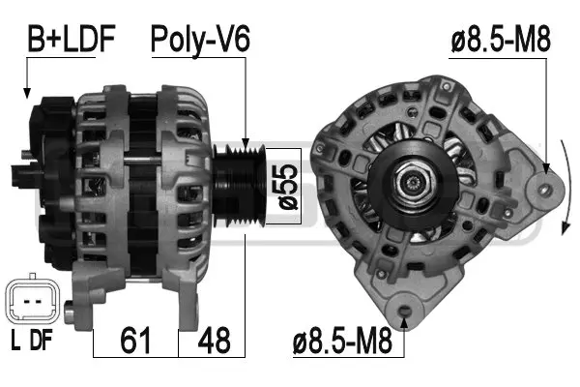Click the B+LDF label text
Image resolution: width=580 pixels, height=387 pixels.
[71, 39]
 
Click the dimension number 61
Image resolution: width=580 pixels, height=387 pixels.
[134, 341]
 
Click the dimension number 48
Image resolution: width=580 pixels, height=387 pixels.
[215, 341]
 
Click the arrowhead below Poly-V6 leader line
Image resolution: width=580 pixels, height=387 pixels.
[248, 145]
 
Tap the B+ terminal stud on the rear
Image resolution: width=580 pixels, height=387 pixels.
[23, 152]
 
